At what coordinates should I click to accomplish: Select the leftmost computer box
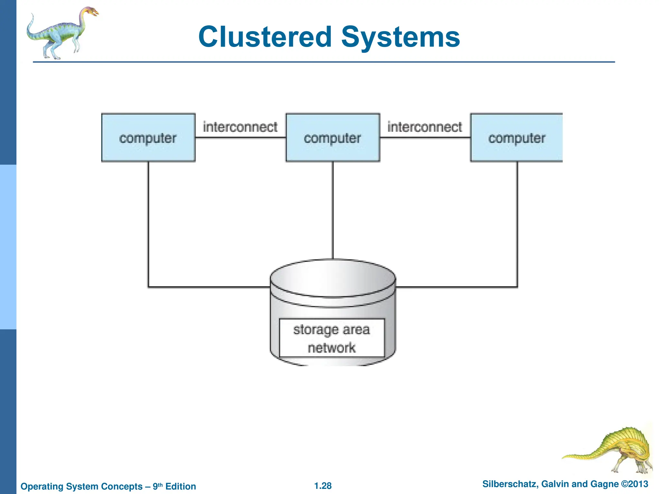(148, 138)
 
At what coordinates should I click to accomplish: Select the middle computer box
(332, 138)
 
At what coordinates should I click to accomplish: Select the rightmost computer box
(516, 138)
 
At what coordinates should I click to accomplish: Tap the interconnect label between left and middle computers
(240, 127)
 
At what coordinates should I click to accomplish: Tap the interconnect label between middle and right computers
(424, 127)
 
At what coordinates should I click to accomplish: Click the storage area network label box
(332, 338)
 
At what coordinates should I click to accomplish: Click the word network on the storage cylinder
(331, 348)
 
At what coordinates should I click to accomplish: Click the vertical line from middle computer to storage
(333, 209)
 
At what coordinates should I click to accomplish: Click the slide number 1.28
(323, 486)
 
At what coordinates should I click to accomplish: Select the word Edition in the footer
(181, 486)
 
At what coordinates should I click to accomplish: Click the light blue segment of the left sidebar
(8, 247)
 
